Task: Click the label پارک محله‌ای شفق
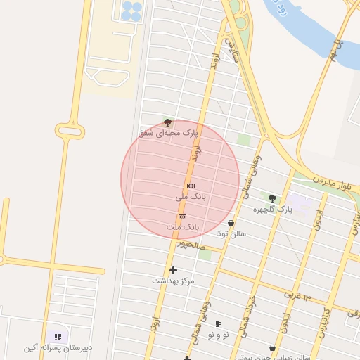coord(169,132)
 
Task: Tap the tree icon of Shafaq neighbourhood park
coord(167,122)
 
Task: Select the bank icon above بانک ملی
coord(191,186)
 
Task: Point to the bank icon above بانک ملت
coord(183,217)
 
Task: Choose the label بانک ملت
coord(183,228)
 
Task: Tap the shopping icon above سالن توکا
coord(231,223)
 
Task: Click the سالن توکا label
coord(231,233)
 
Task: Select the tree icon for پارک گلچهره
coord(272,198)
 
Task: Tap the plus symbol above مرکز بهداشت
coord(173,270)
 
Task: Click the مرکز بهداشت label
coord(173,281)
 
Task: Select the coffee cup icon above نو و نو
coord(218,323)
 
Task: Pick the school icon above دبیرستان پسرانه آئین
coord(58,337)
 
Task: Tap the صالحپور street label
coord(191,244)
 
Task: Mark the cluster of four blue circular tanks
coord(131,10)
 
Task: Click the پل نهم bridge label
coord(335,49)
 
